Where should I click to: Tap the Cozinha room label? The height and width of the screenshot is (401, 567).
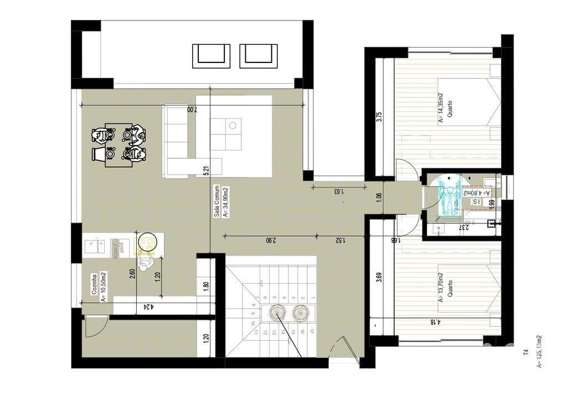(95, 287)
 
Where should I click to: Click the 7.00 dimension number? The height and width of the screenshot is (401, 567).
(191, 110)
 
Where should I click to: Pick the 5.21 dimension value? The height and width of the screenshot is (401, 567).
(206, 171)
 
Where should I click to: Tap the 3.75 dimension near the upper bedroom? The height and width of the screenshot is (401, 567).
(379, 119)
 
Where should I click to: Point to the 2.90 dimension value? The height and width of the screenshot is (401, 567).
(269, 241)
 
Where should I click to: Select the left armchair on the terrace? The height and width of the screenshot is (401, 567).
(211, 56)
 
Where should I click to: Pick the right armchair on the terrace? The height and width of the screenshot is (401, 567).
(259, 56)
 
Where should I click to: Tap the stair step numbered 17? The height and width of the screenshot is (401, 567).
(312, 332)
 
